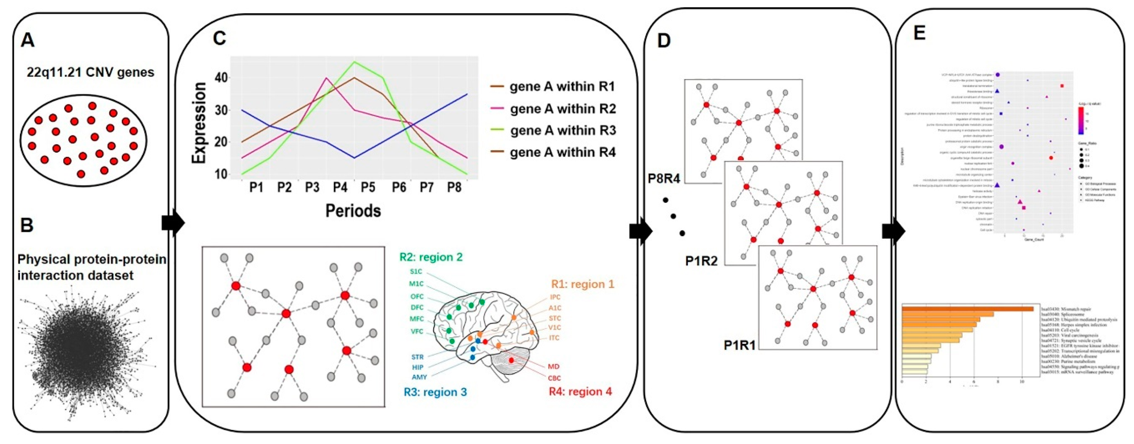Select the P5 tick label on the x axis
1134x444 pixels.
pyautogui.click(x=368, y=187)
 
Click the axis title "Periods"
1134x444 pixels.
pyautogui.click(x=353, y=211)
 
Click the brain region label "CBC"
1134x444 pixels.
pyautogui.click(x=554, y=378)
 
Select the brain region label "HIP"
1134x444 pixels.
pyautogui.click(x=417, y=367)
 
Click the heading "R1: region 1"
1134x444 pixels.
pyautogui.click(x=583, y=284)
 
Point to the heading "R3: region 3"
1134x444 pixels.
pyautogui.click(x=435, y=392)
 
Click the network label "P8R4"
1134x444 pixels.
pyautogui.click(x=664, y=178)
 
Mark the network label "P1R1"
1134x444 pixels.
pyautogui.click(x=740, y=345)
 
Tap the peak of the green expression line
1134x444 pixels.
pyautogui.click(x=354, y=62)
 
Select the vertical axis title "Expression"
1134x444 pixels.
pyautogui.click(x=199, y=123)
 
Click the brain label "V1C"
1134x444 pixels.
pyautogui.click(x=555, y=328)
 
